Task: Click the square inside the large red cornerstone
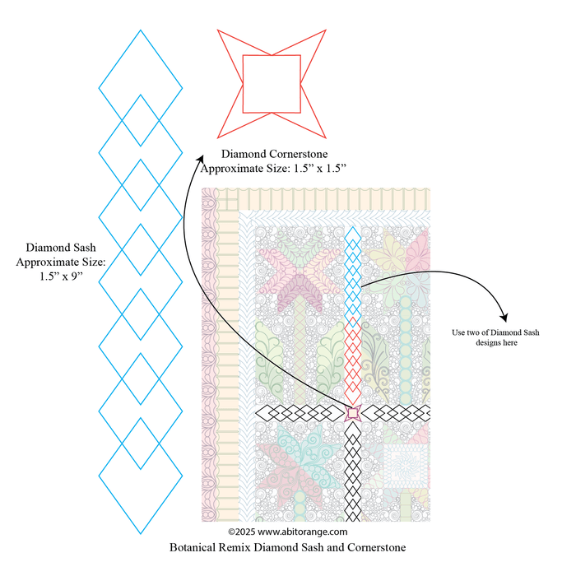coord(272,83)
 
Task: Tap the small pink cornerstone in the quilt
coord(353,412)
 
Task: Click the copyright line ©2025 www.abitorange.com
coord(287,532)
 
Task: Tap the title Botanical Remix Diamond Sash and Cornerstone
coord(287,546)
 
